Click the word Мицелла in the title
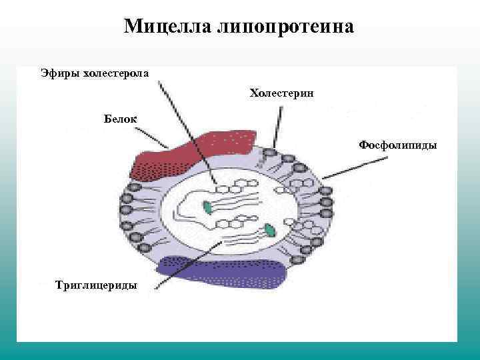point(166,27)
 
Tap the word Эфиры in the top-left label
point(59,72)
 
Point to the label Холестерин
point(281,93)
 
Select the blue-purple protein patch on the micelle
point(220,271)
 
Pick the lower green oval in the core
point(269,231)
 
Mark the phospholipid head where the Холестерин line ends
point(269,153)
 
